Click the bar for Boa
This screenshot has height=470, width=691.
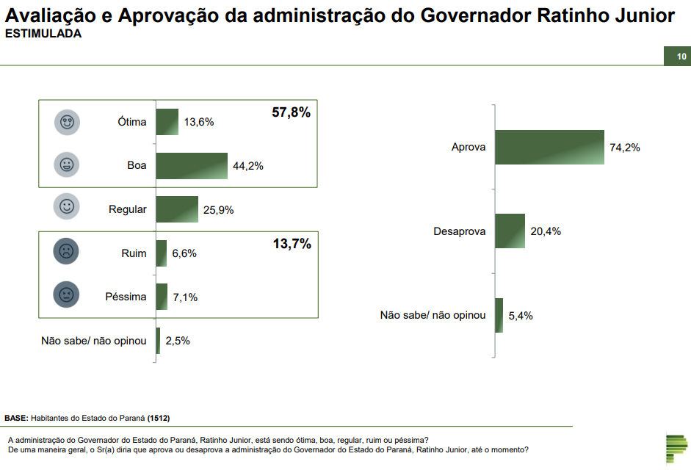[192, 166]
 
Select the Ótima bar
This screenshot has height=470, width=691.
[167, 122]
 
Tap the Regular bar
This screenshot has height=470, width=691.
[177, 209]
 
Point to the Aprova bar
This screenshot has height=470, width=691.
[549, 147]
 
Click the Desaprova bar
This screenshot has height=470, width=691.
[510, 231]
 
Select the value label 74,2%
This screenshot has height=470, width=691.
[625, 148]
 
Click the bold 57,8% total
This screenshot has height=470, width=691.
[292, 113]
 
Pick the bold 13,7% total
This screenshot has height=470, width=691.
[292, 245]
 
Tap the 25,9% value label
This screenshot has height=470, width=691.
[218, 210]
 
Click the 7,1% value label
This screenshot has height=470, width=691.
[184, 297]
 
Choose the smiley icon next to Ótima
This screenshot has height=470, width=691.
[67, 122]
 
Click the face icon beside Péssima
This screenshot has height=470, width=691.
[67, 296]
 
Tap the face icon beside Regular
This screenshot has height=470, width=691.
[67, 207]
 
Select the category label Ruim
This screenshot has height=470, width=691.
[134, 253]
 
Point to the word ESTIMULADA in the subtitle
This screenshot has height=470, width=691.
[43, 34]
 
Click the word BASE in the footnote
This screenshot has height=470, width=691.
[16, 418]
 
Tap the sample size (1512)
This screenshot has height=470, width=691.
[159, 418]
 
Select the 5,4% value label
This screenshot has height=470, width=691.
[521, 316]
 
